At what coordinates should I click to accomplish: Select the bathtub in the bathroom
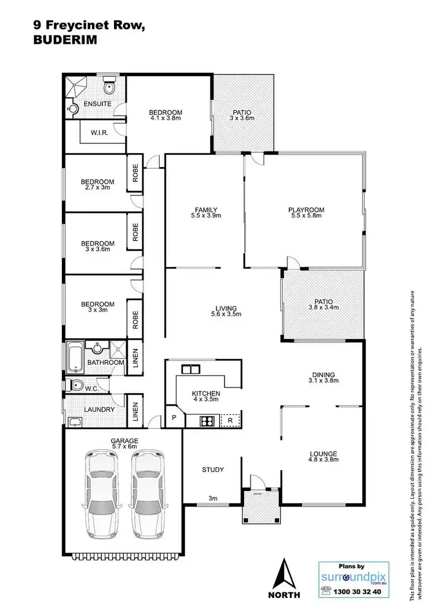coord(74,354)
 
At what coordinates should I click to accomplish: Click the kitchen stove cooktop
coord(208,421)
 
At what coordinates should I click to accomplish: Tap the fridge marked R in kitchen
coord(230,421)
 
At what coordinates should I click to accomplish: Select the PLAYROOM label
coord(306,210)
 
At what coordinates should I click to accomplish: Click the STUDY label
coord(212,470)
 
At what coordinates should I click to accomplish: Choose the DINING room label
coord(322,375)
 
